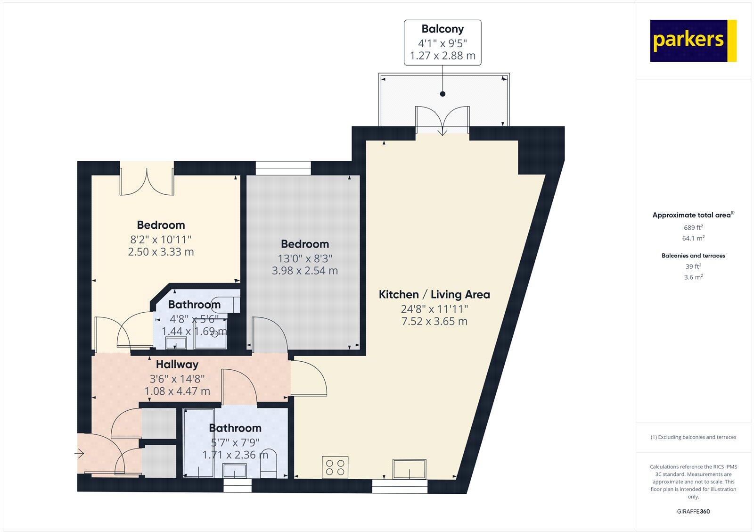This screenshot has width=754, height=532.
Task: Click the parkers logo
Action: coord(693,41)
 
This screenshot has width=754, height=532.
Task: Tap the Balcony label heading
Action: coord(442,29)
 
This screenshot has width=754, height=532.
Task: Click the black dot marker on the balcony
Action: coord(443,94)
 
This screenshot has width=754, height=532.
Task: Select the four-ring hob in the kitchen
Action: coord(335,467)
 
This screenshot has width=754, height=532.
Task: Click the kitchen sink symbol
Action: coord(409,469)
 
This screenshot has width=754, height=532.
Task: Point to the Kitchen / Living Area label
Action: coord(434,295)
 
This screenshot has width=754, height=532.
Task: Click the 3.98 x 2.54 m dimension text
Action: coord(304,271)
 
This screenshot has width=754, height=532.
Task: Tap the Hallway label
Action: coord(177,364)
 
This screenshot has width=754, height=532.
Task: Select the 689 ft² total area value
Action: coord(693,227)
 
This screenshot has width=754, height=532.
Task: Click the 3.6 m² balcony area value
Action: coord(693,277)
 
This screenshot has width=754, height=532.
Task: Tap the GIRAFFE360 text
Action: coord(693,511)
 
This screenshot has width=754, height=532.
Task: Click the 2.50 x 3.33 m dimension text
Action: coord(161,252)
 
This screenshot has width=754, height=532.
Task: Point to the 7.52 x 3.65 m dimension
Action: coord(434,322)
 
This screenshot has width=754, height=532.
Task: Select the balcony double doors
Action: coord(442,122)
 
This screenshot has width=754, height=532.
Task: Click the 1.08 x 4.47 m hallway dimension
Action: coord(177,391)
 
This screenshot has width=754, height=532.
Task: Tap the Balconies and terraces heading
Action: coord(693,256)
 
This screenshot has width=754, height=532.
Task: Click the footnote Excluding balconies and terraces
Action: coord(693,437)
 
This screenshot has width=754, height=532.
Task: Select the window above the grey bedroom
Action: coord(283,168)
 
